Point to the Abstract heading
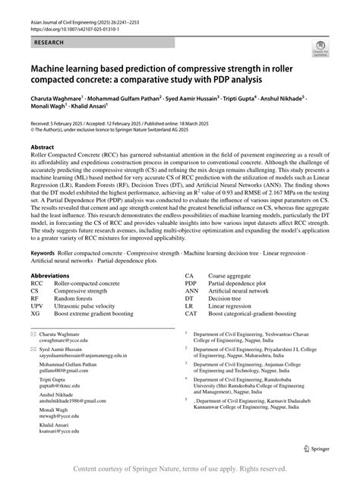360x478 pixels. (x=43, y=147)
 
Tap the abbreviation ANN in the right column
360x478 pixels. (x=192, y=290)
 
